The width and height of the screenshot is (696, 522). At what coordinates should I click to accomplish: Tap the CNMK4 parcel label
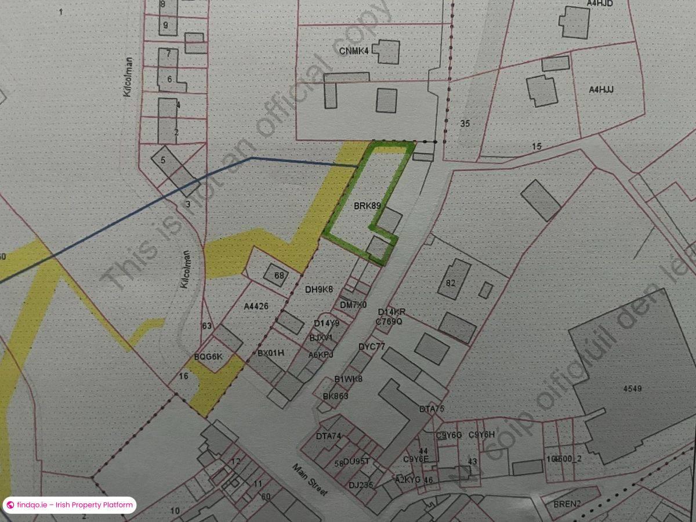click(354, 51)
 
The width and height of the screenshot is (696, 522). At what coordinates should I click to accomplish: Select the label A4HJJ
click(601, 89)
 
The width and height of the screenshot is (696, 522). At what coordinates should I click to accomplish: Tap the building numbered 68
click(279, 275)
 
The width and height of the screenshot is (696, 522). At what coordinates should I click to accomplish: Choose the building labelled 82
click(451, 282)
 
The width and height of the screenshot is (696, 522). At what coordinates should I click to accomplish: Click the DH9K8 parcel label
click(319, 289)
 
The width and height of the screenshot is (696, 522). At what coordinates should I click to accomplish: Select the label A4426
click(256, 306)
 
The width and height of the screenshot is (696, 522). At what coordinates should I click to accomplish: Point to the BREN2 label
click(567, 503)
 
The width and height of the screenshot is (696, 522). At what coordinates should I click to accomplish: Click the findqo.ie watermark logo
click(10, 505)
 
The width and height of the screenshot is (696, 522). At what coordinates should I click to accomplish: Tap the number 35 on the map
click(464, 123)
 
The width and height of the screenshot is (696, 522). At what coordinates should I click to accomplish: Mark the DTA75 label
click(432, 409)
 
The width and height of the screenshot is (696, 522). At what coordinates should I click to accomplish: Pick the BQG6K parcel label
click(208, 356)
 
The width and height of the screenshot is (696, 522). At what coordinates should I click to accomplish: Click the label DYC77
click(372, 347)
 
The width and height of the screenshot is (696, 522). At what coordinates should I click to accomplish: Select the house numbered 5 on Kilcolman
click(164, 159)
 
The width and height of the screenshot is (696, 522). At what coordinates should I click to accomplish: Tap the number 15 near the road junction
click(536, 146)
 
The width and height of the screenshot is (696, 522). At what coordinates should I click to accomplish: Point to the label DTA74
click(328, 436)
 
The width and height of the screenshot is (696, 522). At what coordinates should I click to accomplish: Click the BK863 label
click(335, 396)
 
